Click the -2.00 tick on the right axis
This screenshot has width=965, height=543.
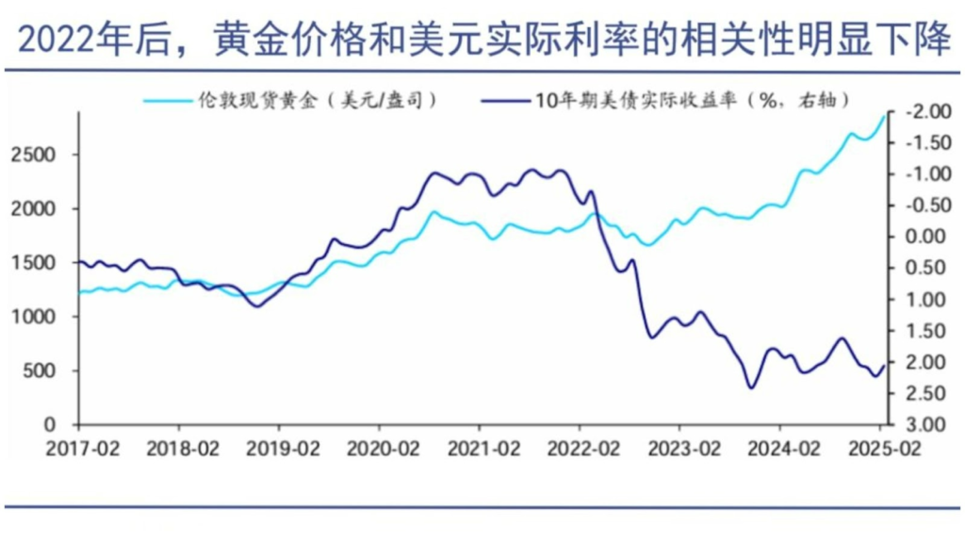click(920, 112)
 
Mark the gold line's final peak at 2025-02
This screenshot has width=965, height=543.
click(885, 114)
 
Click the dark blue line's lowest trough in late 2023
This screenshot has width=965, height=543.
click(751, 387)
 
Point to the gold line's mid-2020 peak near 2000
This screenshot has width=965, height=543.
click(433, 212)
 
